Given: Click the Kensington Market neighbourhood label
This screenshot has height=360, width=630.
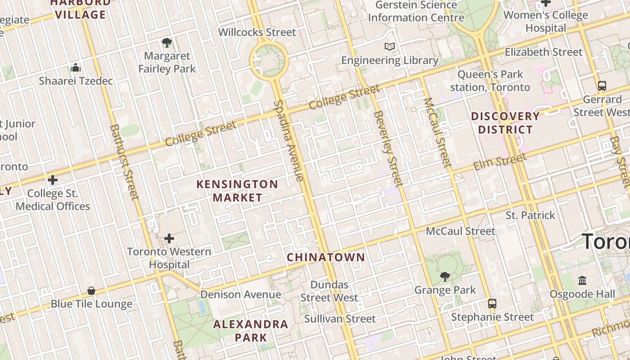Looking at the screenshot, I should [237, 191].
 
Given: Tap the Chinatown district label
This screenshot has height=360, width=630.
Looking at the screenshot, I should [326, 257].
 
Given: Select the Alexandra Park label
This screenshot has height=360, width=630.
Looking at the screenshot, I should [251, 331].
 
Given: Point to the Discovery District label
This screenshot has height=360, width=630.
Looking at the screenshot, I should [505, 123].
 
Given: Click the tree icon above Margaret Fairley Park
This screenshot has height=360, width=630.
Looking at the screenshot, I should [167, 43].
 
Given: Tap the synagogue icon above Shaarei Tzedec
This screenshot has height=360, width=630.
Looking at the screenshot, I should [76, 67].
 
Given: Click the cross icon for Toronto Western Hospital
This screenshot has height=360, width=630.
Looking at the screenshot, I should [169, 238].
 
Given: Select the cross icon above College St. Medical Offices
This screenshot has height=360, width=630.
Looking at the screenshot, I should [53, 180].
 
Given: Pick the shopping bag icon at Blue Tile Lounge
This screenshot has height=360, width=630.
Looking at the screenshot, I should [91, 291].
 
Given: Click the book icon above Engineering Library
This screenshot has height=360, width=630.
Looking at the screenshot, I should [390, 46].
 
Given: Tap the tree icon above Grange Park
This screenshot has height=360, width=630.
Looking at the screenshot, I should [445, 276].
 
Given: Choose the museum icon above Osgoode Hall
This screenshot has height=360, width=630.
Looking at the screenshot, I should [582, 281].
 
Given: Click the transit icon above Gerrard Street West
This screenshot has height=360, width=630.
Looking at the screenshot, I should [602, 85].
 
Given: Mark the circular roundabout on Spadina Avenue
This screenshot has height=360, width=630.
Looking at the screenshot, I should [269, 59].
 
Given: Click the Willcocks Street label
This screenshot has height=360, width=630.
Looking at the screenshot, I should [257, 32].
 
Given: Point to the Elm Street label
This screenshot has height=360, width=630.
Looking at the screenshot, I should [499, 162].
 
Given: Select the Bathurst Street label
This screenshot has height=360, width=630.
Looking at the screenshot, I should [124, 162].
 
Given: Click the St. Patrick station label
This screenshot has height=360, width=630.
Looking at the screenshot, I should [530, 215].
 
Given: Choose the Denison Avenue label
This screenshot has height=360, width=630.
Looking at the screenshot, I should [241, 295].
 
